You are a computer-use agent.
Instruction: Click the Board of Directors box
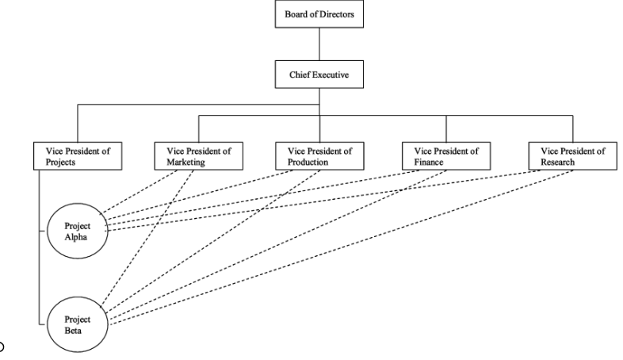click(319, 14)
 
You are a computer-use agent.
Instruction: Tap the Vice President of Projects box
click(78, 155)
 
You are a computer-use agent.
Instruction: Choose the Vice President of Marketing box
click(198, 155)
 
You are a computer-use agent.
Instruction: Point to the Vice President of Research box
click(572, 155)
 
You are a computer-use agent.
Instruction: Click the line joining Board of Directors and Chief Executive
click(319, 44)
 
